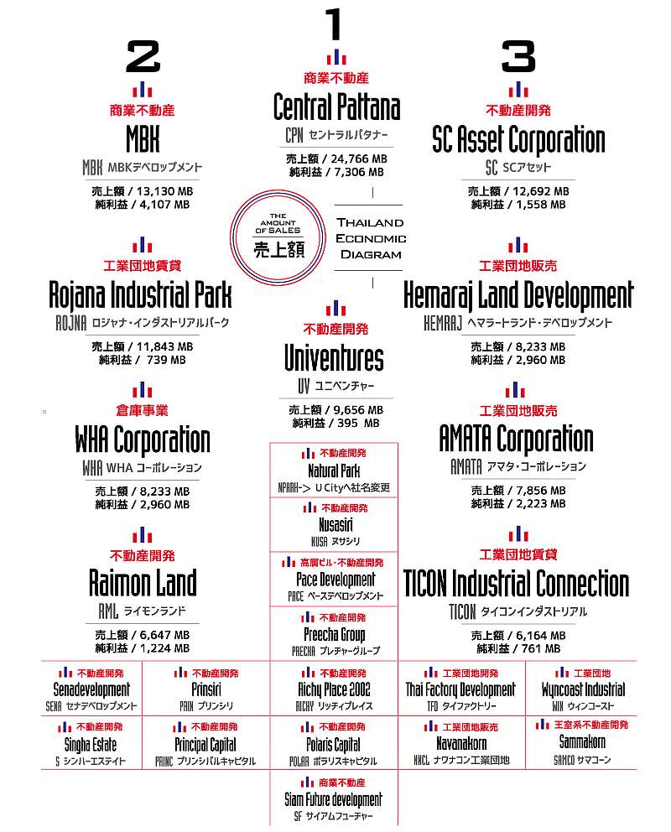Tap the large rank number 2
pos(143,57)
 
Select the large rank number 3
pos(518,57)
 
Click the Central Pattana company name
pos(336,107)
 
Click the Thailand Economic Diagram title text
pos(370,238)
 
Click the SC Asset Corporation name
pos(518,139)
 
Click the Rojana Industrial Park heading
pos(141,295)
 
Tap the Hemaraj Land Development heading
pos(518,295)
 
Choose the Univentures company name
pos(334,359)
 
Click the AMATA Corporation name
pos(516,439)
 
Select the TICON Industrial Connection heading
pos(516,583)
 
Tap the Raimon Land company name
pos(143,583)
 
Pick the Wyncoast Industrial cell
pos(583,690)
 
